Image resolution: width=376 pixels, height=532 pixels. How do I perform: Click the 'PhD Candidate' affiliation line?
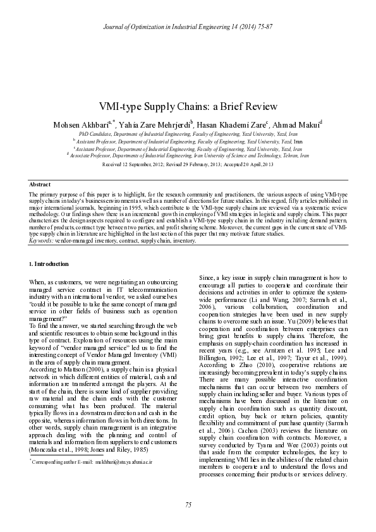(x=188, y=135)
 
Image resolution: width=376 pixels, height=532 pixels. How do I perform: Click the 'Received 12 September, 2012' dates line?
(x=188, y=164)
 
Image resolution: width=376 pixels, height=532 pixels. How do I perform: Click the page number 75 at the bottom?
(x=188, y=504)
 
